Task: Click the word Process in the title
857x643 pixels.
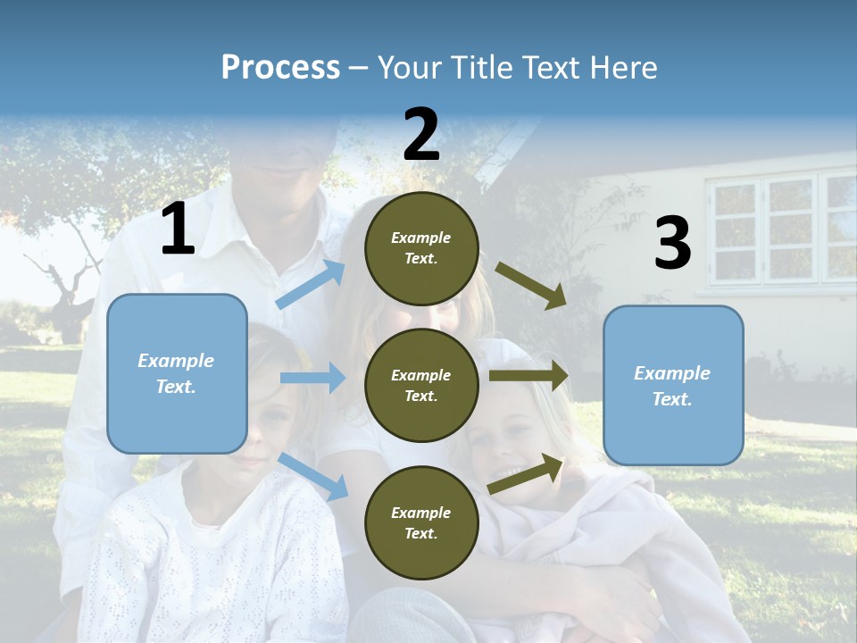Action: [280, 68]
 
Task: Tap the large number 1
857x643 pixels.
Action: [178, 230]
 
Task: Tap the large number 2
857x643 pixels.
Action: [421, 135]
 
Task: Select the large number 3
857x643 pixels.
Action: [672, 244]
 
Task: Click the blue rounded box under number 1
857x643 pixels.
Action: [177, 373]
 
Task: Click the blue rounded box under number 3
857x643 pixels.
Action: [673, 386]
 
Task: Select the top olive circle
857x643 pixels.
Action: [421, 248]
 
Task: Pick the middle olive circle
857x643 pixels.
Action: [421, 385]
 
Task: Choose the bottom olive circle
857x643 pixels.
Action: [421, 522]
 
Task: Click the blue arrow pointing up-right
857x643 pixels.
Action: [311, 284]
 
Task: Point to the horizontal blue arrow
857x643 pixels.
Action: [312, 378]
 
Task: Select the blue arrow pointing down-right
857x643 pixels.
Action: [312, 476]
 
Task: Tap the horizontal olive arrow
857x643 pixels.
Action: [528, 376]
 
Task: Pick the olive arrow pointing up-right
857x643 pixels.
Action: [526, 474]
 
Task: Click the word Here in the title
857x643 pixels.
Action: [623, 68]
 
